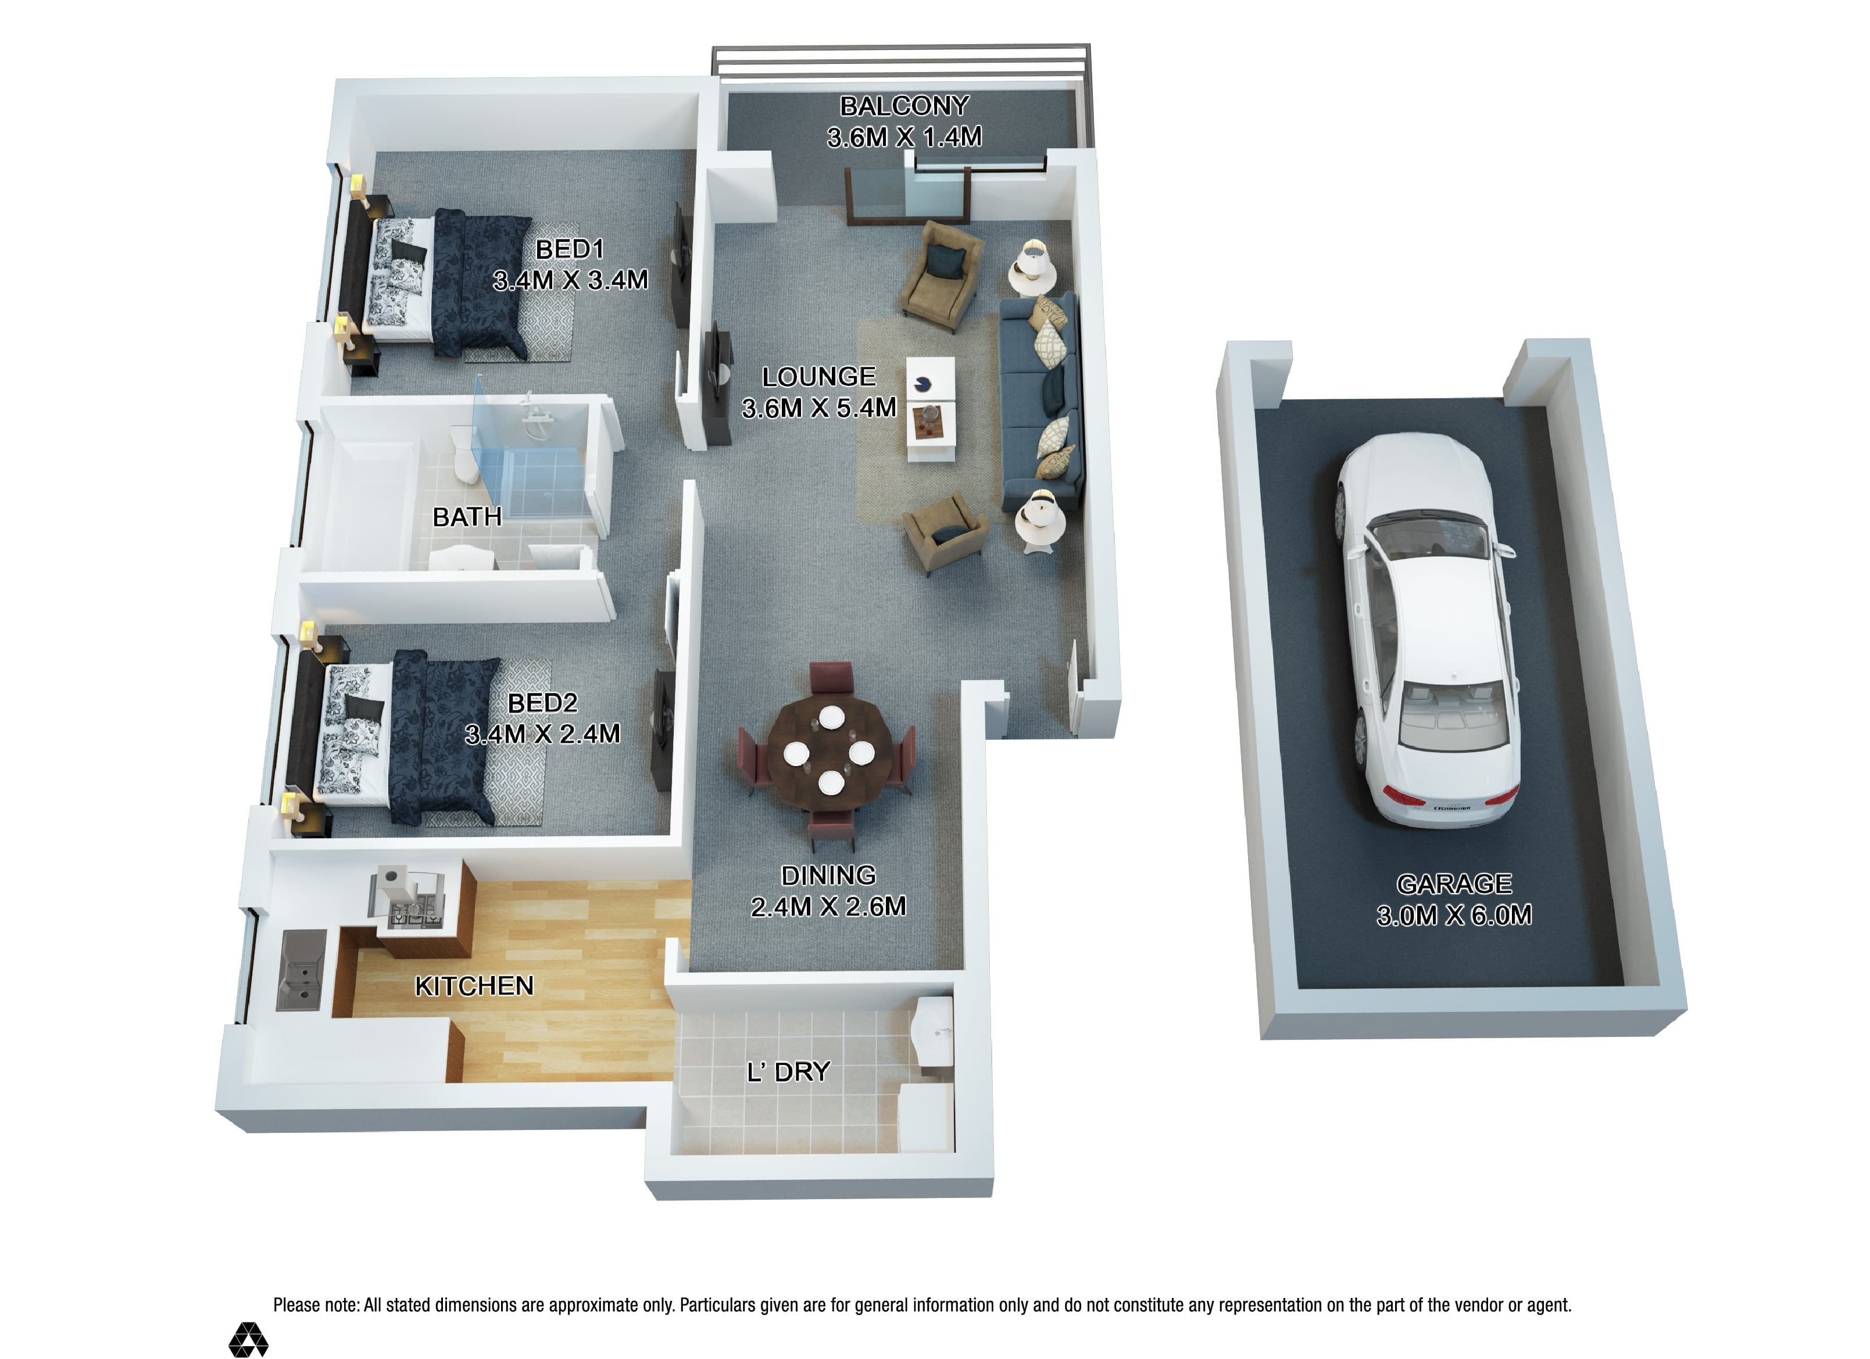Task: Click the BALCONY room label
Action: click(x=904, y=106)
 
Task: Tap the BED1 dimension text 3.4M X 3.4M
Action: click(x=571, y=280)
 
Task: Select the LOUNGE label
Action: click(x=819, y=377)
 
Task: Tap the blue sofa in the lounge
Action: click(x=1040, y=402)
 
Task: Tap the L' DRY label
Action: click(x=788, y=1072)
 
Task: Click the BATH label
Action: click(x=467, y=517)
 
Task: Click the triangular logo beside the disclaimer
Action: click(x=248, y=1340)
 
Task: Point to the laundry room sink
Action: click(x=934, y=1031)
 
